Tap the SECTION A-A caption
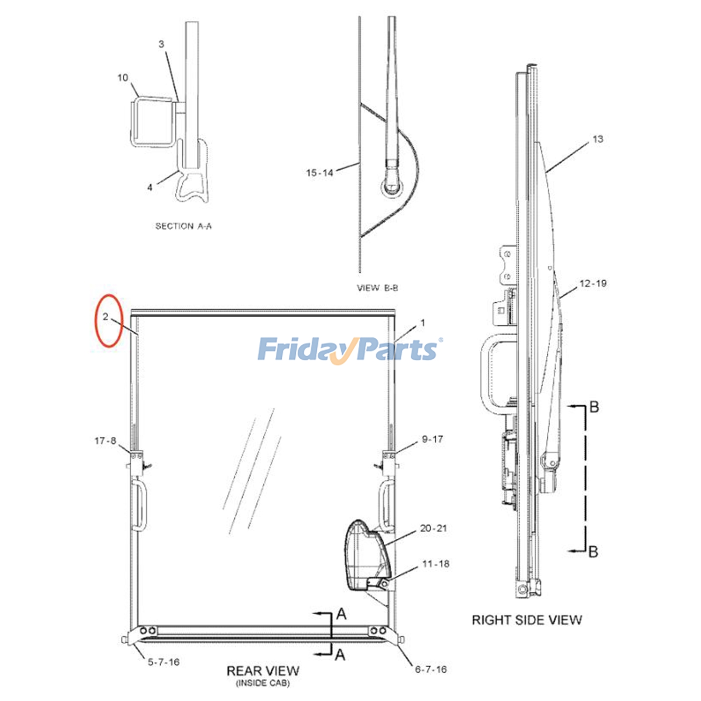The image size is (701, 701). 184,226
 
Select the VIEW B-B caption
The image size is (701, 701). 377,288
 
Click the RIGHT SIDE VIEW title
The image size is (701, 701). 527,620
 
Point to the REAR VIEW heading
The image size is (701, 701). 263,671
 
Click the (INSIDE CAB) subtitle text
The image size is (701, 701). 263,683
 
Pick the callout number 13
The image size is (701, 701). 598,139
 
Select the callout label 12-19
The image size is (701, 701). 593,283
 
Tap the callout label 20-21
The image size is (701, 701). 433,528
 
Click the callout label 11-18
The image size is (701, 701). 435,564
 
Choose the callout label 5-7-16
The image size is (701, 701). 163,662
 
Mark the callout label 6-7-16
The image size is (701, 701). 431,669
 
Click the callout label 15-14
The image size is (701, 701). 319,173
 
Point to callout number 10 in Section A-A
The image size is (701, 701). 123,78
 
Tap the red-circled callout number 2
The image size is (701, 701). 105,316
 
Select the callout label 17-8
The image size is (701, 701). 105,441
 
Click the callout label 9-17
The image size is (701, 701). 432,439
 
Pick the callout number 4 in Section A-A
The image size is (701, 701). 150,188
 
